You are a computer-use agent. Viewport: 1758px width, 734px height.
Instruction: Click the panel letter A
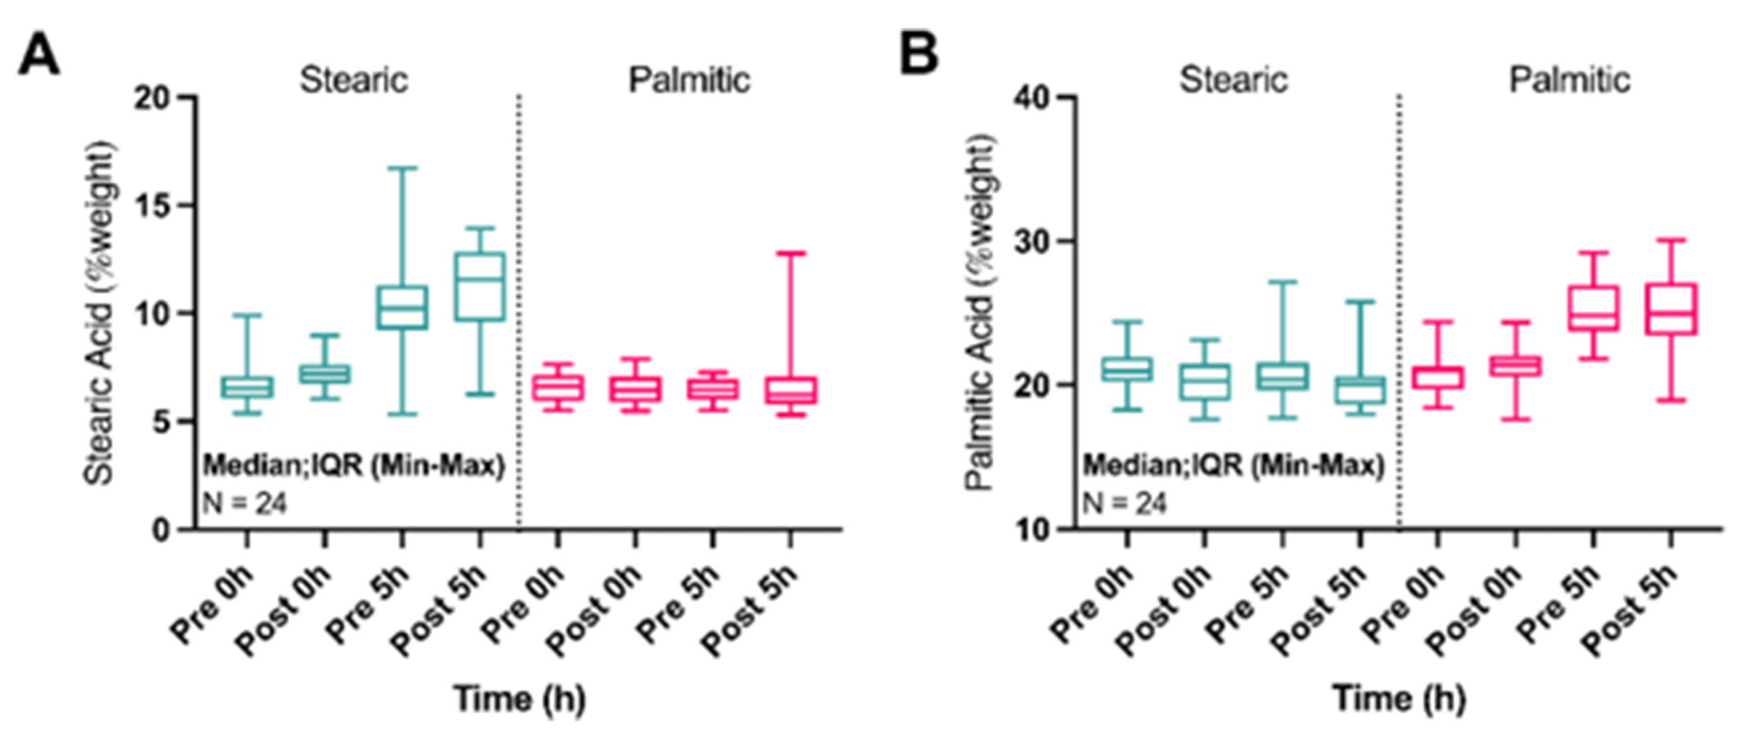(38, 56)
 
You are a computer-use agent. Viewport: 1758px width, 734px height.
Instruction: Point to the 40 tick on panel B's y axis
(1033, 97)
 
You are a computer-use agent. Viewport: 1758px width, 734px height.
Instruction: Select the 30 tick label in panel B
(1033, 242)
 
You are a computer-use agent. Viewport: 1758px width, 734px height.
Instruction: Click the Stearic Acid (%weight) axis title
(100, 313)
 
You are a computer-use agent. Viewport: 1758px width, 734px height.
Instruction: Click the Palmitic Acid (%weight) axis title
(980, 313)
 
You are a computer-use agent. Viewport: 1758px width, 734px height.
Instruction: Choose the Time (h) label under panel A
(520, 699)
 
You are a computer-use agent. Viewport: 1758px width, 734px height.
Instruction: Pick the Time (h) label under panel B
(1400, 699)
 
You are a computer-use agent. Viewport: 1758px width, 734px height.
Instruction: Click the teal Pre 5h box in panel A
(402, 308)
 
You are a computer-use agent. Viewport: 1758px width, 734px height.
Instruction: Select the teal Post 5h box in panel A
(480, 286)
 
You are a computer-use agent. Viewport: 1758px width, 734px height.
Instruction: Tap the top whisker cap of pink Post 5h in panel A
(791, 254)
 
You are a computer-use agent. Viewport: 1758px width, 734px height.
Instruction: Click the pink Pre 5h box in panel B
(1593, 308)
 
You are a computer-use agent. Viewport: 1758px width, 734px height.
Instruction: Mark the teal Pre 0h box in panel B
(1127, 369)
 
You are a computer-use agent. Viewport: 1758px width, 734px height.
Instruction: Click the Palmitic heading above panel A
(689, 80)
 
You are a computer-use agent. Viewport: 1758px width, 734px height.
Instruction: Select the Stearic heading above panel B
(1233, 80)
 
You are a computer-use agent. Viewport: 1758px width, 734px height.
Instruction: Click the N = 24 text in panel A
(245, 502)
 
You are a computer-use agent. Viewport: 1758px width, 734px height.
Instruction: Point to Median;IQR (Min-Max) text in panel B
(1233, 466)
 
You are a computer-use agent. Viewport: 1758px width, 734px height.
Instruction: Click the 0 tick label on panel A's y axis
(161, 530)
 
